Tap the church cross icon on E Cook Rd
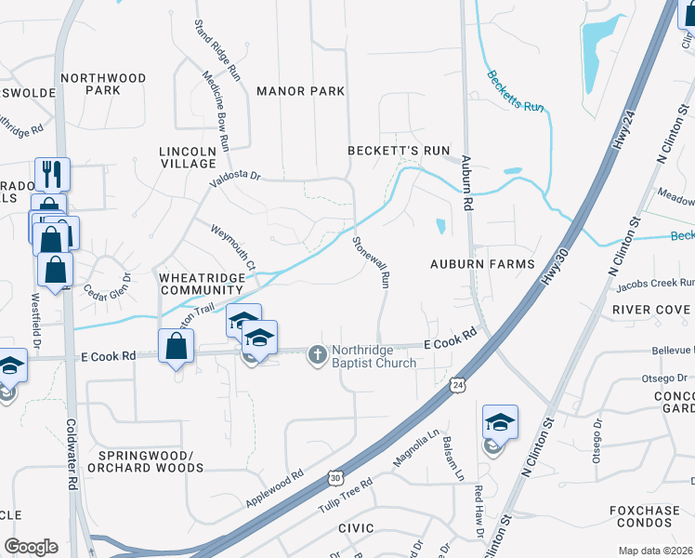(x=317, y=353)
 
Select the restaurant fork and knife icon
(x=53, y=173)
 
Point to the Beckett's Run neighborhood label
(x=399, y=151)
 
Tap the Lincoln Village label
(x=188, y=157)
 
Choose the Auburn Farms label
(x=482, y=264)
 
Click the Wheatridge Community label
(x=202, y=284)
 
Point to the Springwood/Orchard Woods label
(x=145, y=461)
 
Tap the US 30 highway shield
(x=334, y=477)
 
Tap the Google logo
(x=31, y=547)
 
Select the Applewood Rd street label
(x=275, y=488)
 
